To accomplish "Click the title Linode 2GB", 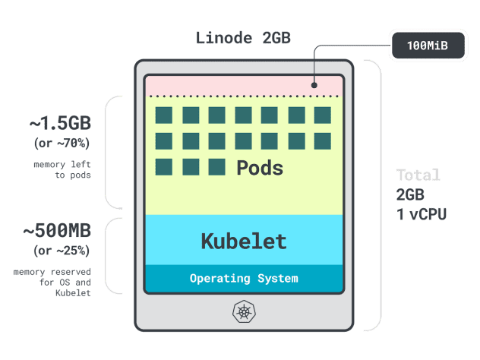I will click(243, 37).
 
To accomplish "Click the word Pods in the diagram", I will click(259, 168).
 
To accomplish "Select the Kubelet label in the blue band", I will click(244, 242).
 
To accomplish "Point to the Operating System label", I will click(244, 278).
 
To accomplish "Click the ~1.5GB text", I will click(61, 123).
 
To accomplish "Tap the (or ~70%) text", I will click(62, 142).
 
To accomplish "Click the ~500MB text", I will click(58, 230).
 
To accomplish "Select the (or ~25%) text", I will click(62, 250).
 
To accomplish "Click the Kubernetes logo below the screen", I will click(244, 312).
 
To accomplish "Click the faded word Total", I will click(417, 175).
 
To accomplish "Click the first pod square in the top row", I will click(163, 115).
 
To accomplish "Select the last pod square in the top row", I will click(322, 115).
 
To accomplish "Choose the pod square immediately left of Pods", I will click(216, 166).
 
